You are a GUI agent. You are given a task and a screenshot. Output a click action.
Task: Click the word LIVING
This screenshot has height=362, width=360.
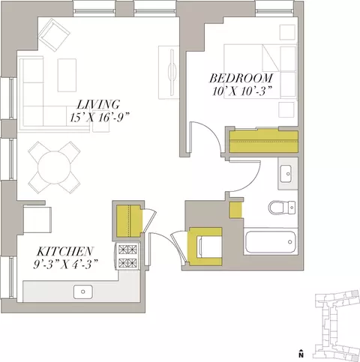click(x=98, y=105)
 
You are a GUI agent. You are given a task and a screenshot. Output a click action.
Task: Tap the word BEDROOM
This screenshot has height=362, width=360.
click(x=241, y=78)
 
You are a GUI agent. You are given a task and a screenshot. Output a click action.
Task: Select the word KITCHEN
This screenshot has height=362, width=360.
click(x=65, y=251)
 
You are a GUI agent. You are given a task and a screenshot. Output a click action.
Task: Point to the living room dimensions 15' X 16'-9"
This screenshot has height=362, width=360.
click(x=100, y=118)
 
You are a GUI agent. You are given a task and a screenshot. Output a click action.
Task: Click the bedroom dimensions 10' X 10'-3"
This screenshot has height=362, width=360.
click(x=242, y=91)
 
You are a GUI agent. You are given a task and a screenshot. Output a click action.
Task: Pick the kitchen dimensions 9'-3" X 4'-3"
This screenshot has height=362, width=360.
click(x=65, y=264)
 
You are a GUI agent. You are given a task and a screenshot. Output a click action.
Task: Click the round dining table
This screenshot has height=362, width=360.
click(x=54, y=167)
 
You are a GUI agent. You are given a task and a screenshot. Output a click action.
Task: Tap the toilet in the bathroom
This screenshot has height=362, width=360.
click(x=282, y=207)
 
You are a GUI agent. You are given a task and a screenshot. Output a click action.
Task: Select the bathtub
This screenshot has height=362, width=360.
click(x=271, y=242)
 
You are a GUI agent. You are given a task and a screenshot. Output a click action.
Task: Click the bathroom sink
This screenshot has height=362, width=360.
click(x=286, y=174)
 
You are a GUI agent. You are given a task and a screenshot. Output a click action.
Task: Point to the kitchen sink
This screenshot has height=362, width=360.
click(x=83, y=292)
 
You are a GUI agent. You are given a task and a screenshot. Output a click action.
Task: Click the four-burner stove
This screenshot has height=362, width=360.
click(x=127, y=256)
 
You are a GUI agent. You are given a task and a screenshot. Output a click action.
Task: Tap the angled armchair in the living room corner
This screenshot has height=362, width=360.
click(x=54, y=34)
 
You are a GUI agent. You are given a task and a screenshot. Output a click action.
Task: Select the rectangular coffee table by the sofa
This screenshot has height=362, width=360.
click(x=67, y=75)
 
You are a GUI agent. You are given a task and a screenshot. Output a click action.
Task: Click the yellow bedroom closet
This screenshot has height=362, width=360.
click(x=264, y=142)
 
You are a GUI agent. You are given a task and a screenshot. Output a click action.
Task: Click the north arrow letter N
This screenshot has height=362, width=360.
click(x=301, y=355)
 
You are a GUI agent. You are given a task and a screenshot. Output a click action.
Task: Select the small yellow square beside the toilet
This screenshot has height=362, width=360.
click(x=235, y=209)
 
